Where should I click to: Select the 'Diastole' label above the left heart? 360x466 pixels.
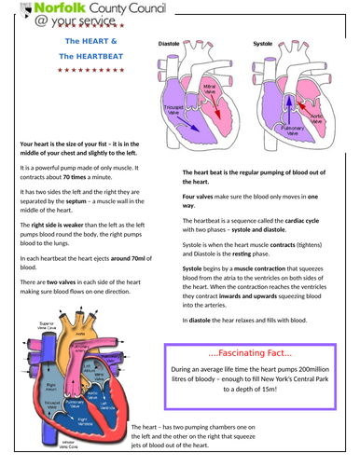click(x=169, y=44)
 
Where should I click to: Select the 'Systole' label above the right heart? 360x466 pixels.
click(x=264, y=44)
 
